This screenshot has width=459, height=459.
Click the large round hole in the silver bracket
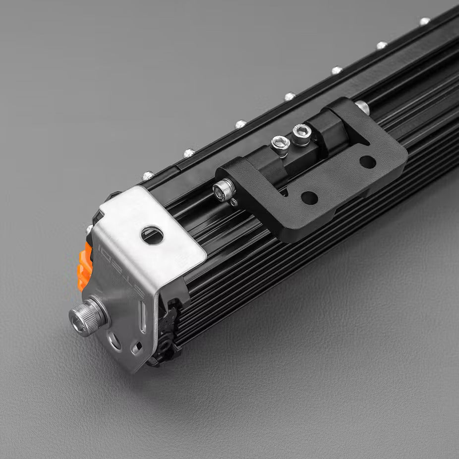[x=152, y=234]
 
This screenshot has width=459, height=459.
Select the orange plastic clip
[x=85, y=268]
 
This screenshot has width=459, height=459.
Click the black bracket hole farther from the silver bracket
[x=367, y=162]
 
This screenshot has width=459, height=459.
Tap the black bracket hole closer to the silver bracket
[x=309, y=198]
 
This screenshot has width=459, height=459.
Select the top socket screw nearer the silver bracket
[x=281, y=144]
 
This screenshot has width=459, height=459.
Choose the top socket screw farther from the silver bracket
[x=302, y=133]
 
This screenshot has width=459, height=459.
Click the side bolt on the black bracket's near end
[x=224, y=189]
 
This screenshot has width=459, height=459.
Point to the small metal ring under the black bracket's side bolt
[x=234, y=202]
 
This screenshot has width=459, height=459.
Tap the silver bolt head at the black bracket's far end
[x=362, y=106]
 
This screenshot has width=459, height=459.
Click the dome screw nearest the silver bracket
[x=148, y=175]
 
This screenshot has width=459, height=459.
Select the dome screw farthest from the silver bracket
[x=424, y=21]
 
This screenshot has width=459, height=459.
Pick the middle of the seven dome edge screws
[x=289, y=96]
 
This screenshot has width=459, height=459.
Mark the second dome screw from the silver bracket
[x=189, y=153]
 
